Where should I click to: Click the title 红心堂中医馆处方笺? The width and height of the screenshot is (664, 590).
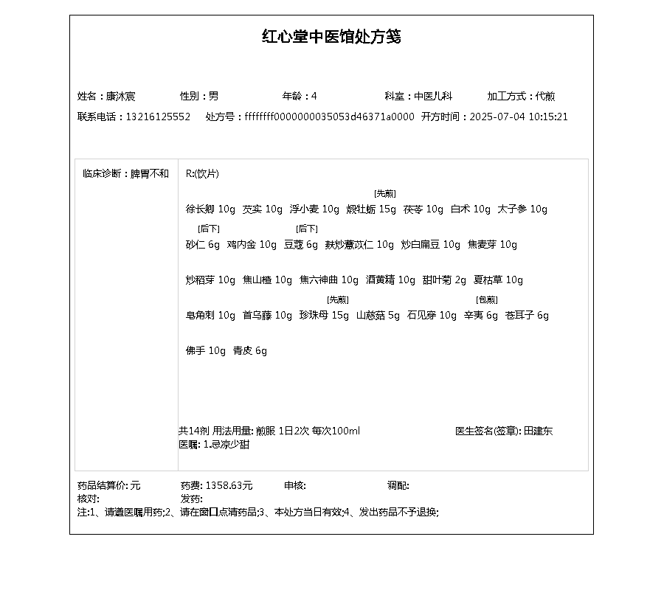click(x=331, y=37)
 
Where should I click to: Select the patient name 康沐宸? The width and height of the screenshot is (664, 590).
click(x=120, y=96)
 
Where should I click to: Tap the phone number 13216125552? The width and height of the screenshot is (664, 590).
click(x=158, y=117)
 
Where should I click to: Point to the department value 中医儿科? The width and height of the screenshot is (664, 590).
click(x=432, y=96)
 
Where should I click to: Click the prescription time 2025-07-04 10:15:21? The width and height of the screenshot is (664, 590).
click(x=519, y=117)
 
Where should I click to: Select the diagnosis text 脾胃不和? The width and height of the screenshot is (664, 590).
click(x=150, y=174)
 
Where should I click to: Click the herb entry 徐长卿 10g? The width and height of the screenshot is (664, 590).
click(x=210, y=209)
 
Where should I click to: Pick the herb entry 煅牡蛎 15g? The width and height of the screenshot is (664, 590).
click(x=371, y=209)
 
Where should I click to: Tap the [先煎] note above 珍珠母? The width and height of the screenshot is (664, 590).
click(x=337, y=299)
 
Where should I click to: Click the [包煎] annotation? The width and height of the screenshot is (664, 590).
click(x=487, y=299)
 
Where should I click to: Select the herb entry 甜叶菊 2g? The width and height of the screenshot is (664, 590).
click(x=445, y=280)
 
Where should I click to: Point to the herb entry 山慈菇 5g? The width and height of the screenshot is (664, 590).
click(x=378, y=316)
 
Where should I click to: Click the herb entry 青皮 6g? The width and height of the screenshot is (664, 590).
click(x=250, y=351)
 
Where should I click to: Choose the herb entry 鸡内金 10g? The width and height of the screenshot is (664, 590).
click(x=252, y=245)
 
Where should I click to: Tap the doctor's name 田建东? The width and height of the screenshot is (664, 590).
click(x=538, y=431)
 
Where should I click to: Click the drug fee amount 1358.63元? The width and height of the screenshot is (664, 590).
click(x=229, y=485)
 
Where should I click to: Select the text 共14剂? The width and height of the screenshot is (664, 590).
click(x=194, y=431)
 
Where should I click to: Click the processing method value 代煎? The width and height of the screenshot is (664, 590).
click(x=545, y=96)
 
